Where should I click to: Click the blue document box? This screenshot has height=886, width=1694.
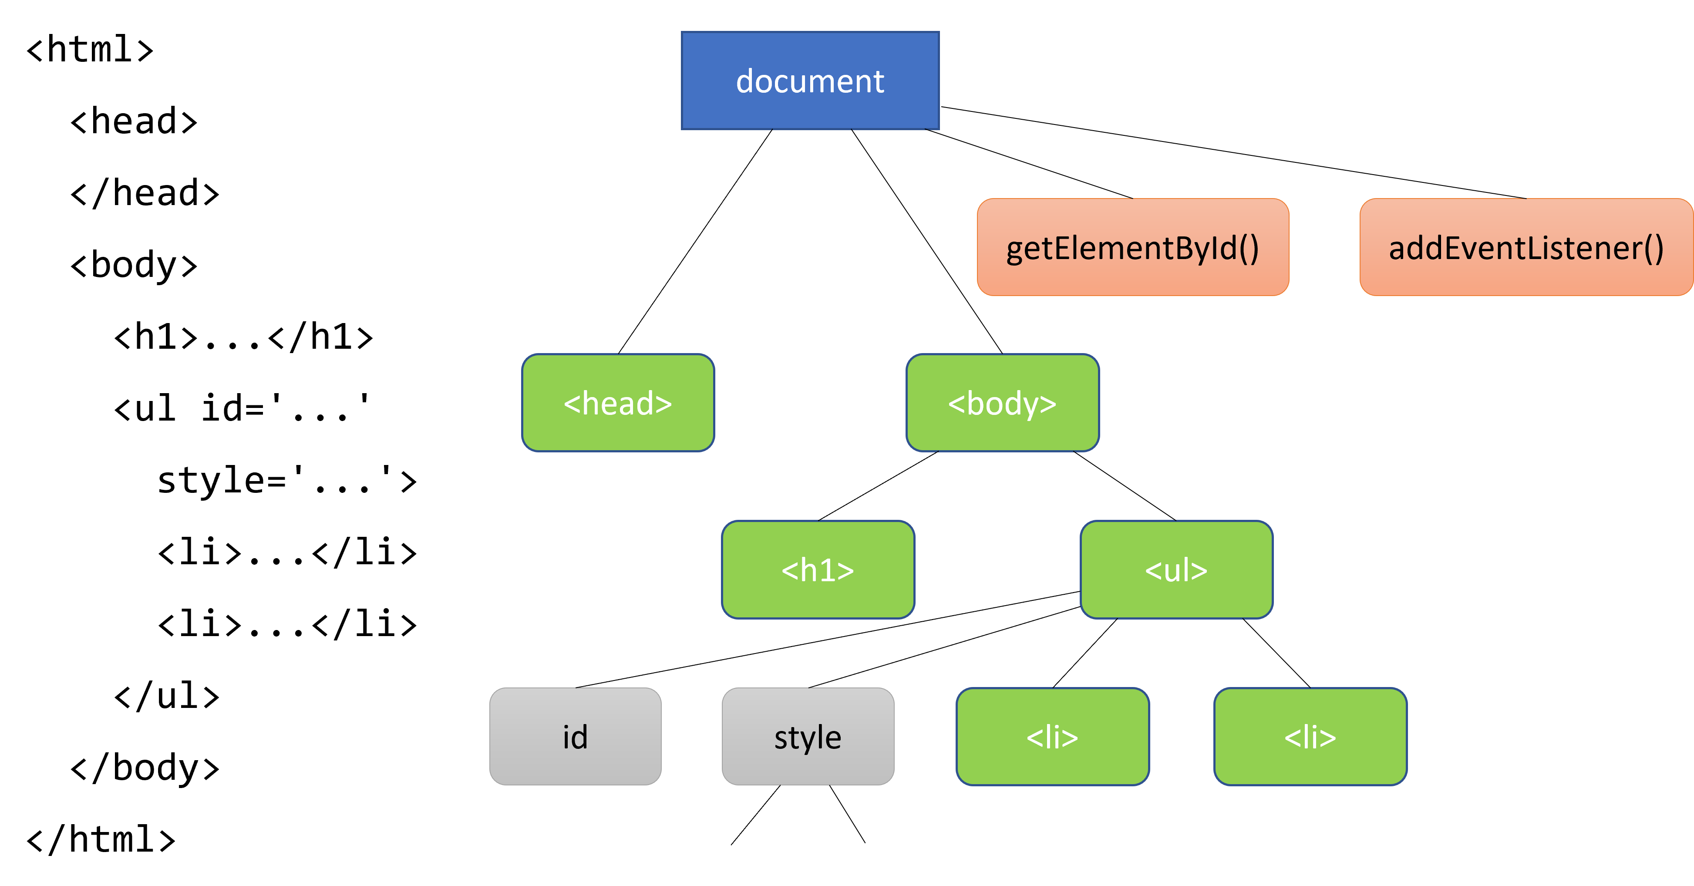(810, 80)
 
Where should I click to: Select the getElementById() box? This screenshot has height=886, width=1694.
(1132, 247)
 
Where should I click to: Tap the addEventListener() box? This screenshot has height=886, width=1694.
(1526, 247)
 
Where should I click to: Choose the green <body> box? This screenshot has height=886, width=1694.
(1002, 403)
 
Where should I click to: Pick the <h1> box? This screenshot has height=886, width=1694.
(818, 569)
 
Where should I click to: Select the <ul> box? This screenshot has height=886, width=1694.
(1176, 569)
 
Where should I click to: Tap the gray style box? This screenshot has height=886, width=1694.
(808, 737)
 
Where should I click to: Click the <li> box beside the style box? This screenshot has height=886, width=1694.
(1052, 737)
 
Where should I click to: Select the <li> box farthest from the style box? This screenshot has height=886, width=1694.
(1310, 737)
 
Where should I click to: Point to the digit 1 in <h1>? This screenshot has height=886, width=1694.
(826, 569)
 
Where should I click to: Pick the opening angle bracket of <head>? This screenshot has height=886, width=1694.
(572, 404)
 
